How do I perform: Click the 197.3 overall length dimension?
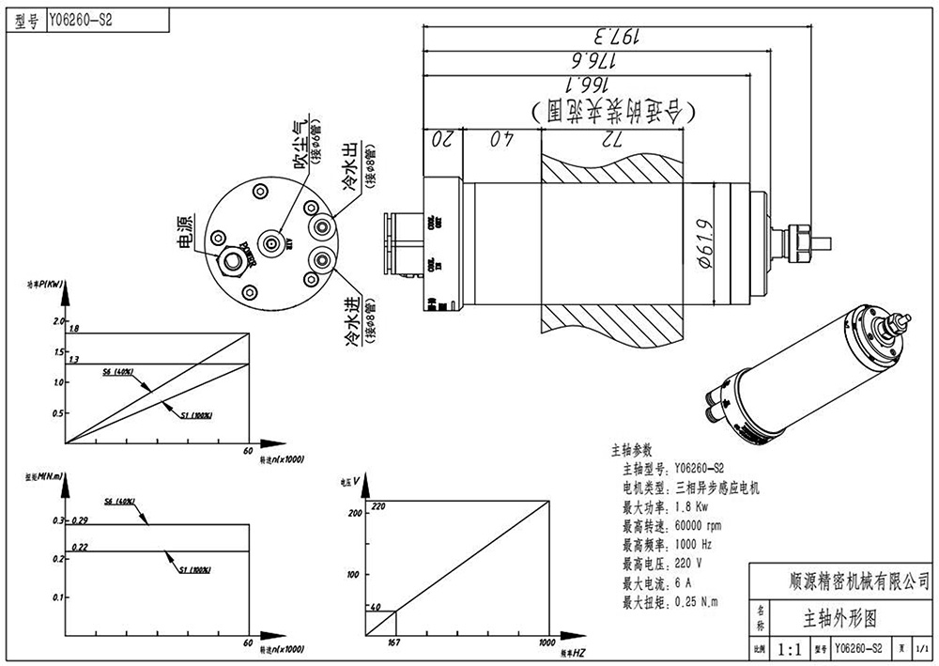(x=616, y=37)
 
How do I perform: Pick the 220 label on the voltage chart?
(x=378, y=505)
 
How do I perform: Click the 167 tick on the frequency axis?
(x=394, y=643)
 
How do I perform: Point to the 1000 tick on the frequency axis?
(x=547, y=643)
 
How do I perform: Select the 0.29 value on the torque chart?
(x=79, y=520)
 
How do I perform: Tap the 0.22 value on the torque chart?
(x=79, y=547)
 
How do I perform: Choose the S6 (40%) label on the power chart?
(x=117, y=372)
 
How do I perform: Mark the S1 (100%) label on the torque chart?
(x=194, y=569)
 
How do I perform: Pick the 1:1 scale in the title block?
(x=788, y=648)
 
